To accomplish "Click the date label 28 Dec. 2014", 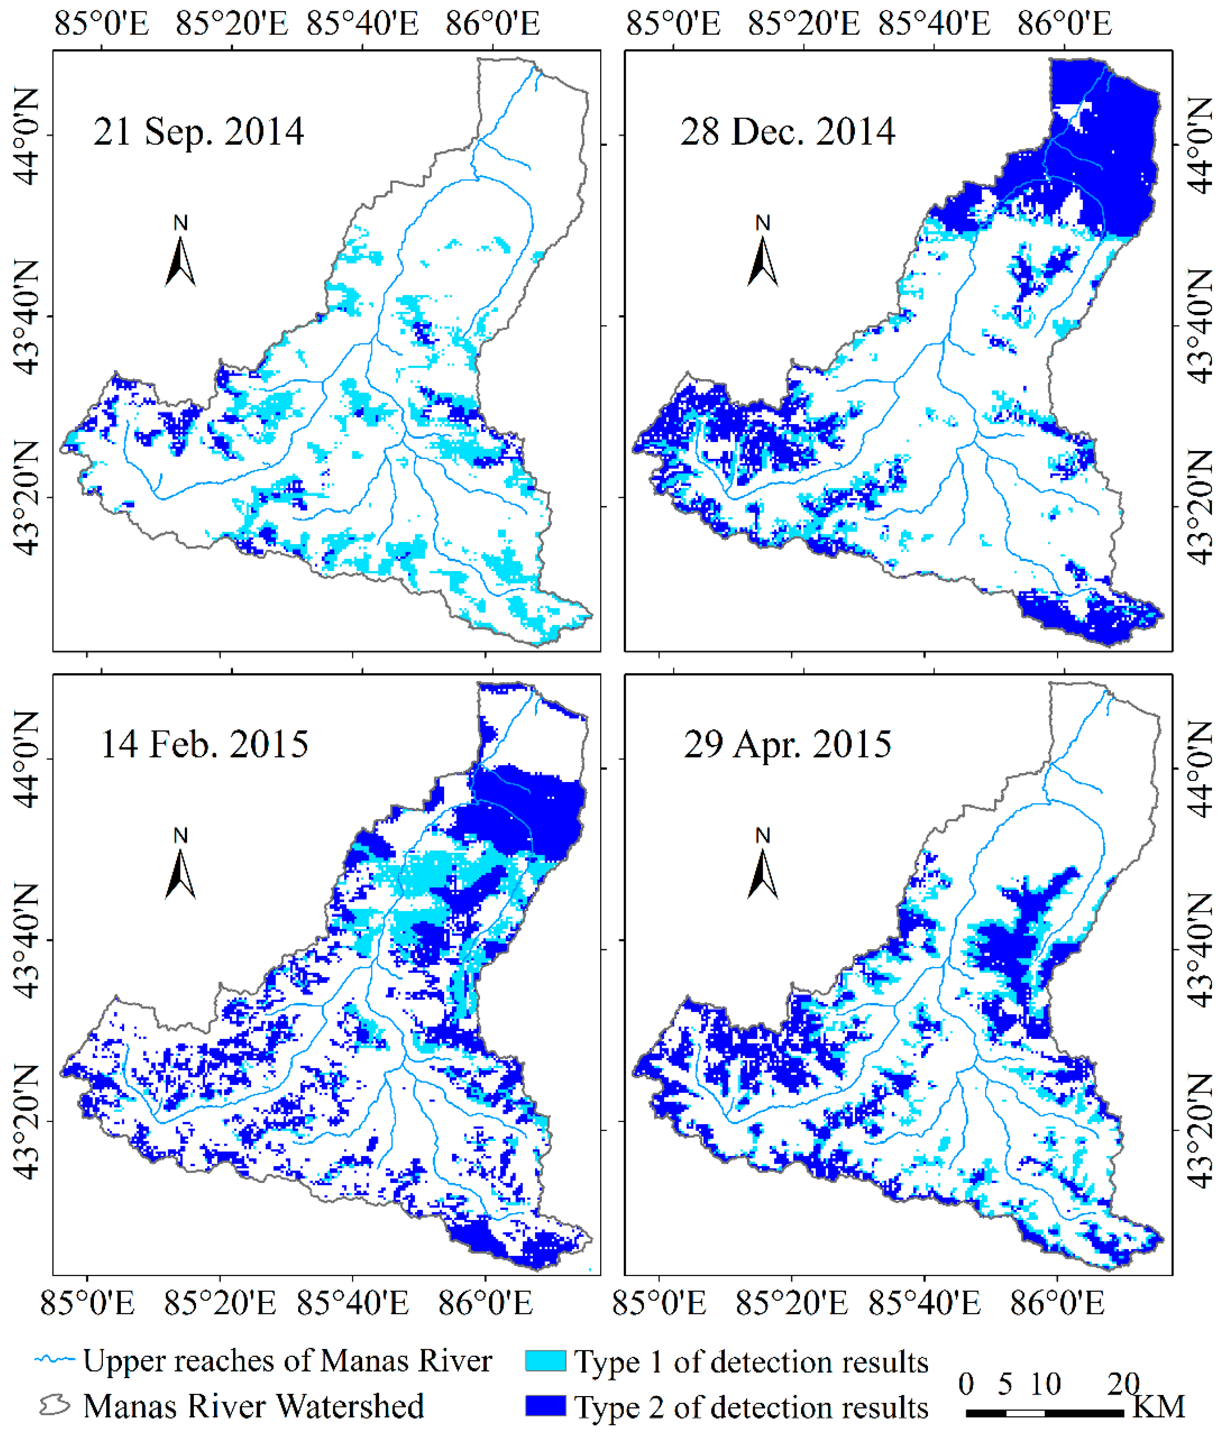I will pos(787,131).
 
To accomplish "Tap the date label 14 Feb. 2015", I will pos(204,744).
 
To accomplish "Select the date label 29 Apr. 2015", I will pos(787,744).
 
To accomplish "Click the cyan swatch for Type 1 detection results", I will pos(545,1361).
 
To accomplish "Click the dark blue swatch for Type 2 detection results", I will pos(545,1405).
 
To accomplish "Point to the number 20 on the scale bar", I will pos(1123,1383).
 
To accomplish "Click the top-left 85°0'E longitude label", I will pos(101,24).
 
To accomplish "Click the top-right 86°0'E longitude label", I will pos(1064,24).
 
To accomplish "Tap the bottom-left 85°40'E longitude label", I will pos(353,1303).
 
